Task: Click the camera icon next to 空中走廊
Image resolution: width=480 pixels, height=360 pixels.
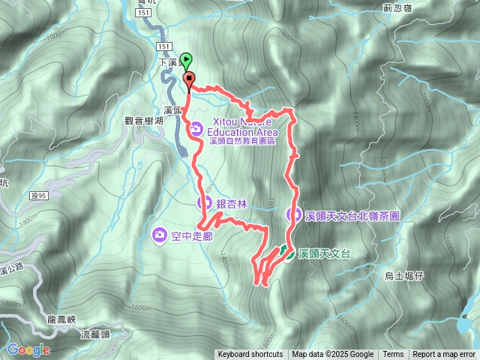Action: (159, 235)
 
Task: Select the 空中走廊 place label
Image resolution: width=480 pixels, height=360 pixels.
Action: (192, 235)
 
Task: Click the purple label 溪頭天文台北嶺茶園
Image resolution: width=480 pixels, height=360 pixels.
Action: (351, 215)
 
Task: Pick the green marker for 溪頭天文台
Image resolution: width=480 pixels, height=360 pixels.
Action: (289, 253)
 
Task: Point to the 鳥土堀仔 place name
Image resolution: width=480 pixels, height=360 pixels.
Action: (404, 276)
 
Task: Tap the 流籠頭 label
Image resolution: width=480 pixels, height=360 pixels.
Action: (94, 334)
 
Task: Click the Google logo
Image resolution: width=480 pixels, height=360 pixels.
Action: (28, 349)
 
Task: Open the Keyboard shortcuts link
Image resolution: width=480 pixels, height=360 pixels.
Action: (250, 355)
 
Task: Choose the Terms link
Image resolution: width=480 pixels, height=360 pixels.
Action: (393, 355)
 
